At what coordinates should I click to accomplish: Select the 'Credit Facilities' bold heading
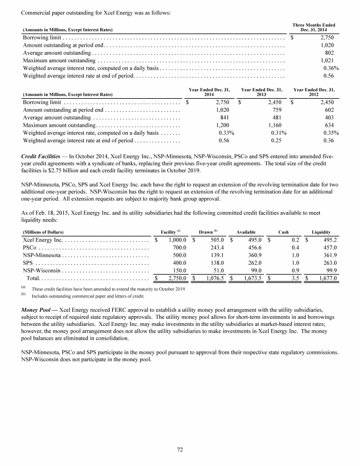[x=38, y=156]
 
